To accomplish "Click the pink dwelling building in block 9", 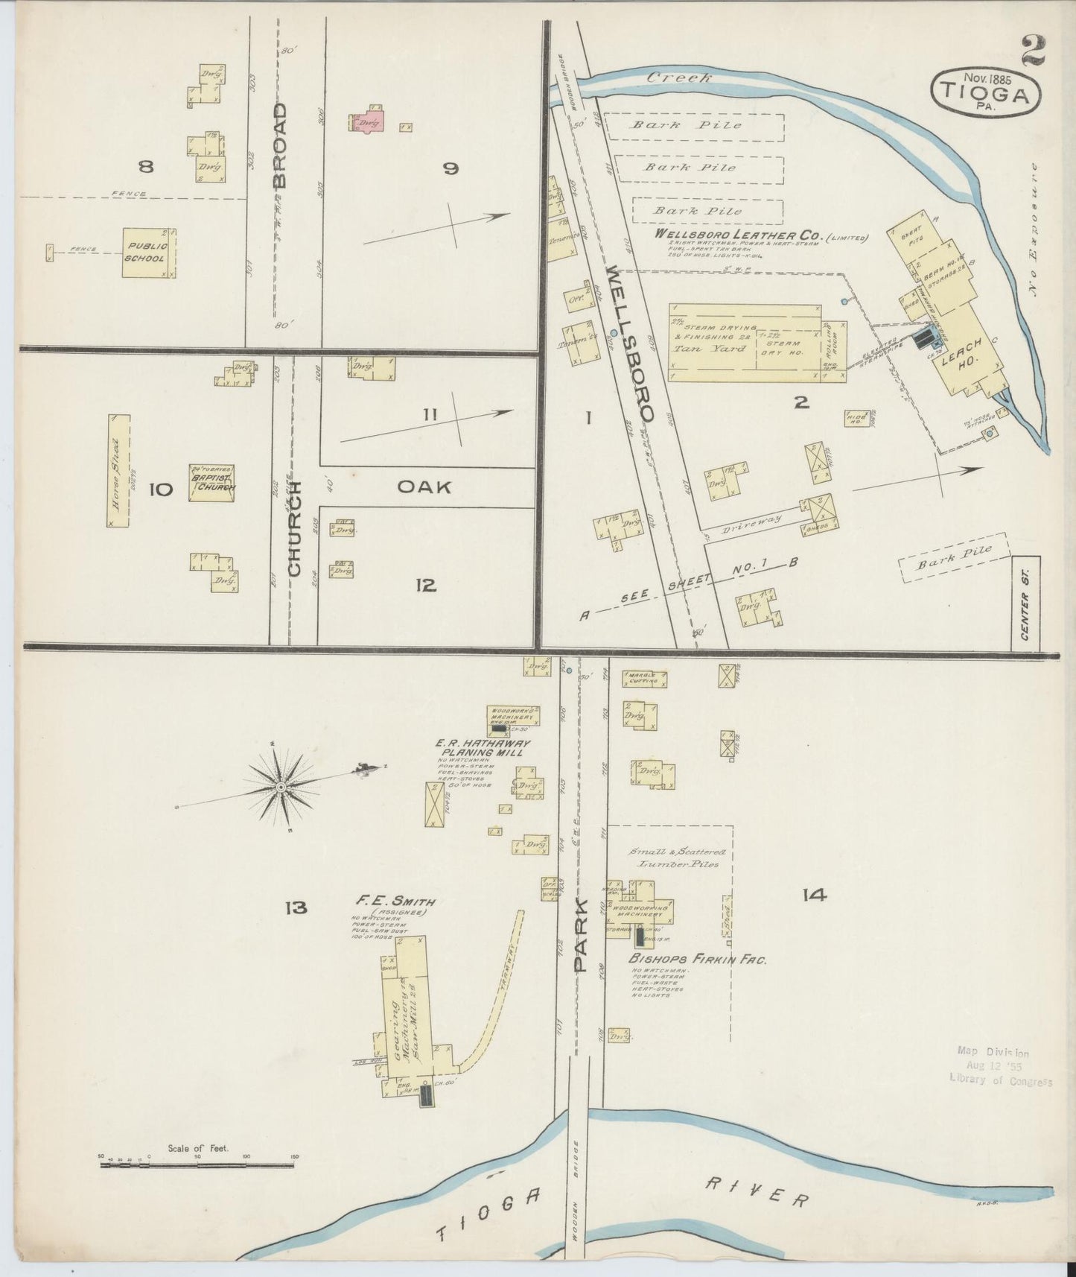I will click(x=366, y=122).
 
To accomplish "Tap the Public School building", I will click(x=149, y=253).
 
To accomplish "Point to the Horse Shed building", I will click(x=119, y=471).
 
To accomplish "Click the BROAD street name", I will click(x=279, y=145).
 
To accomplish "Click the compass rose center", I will click(x=281, y=787).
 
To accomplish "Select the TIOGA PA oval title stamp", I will click(x=985, y=92).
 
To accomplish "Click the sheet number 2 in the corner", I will click(x=1033, y=51).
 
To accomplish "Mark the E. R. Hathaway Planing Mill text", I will click(x=483, y=747).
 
